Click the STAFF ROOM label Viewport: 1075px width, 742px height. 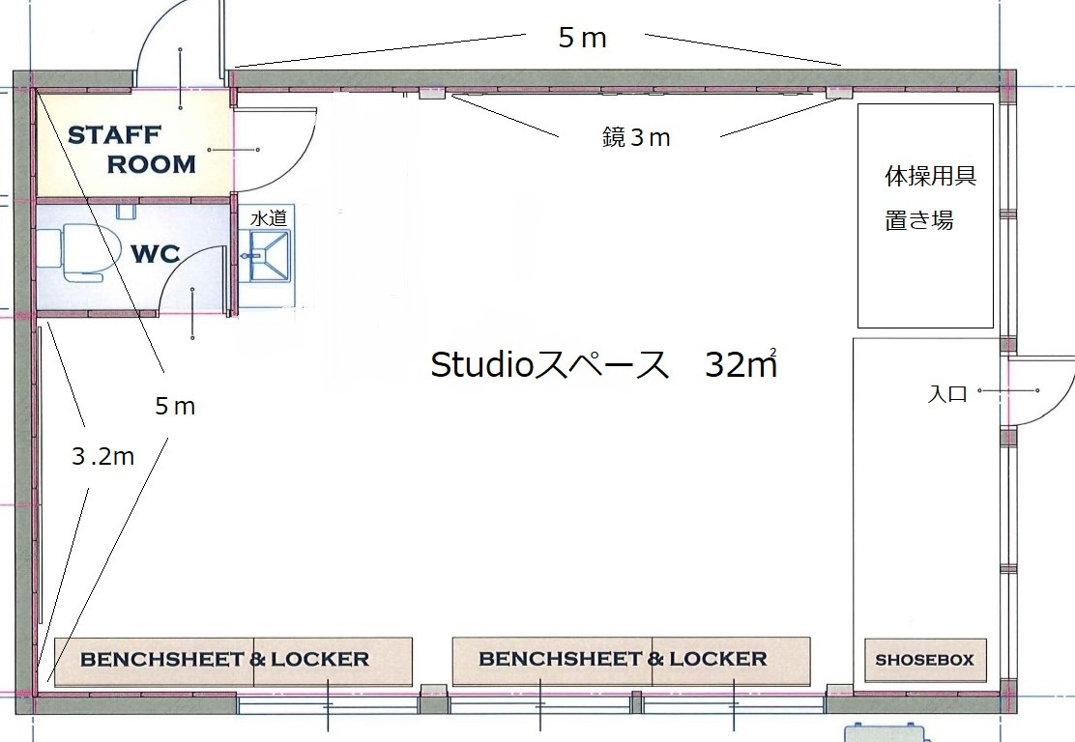coord(131,150)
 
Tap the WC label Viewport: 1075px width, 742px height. coord(156,253)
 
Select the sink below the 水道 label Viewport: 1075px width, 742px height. coord(269,255)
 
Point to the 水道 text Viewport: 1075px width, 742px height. coord(269,218)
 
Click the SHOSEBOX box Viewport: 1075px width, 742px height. coord(925,660)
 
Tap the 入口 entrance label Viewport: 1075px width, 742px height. coord(947,394)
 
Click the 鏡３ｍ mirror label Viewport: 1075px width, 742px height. coord(636,138)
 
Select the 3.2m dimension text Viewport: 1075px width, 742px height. coord(102,456)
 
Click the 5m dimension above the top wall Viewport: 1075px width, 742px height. coord(583,38)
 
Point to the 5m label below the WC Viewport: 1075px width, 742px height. coord(175,407)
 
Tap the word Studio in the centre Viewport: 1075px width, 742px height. coord(482,364)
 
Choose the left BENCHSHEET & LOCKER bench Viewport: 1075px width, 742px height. coord(233,661)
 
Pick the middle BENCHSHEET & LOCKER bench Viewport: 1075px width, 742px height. coord(631,661)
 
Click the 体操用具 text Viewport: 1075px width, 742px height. coord(930,176)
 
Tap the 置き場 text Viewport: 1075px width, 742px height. coord(918,220)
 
